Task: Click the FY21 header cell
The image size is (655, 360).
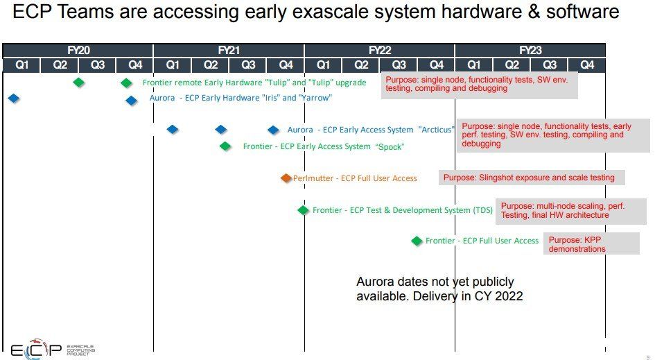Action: tap(229, 50)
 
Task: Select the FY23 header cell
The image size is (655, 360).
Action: tap(530, 50)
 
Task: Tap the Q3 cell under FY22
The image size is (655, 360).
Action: tap(399, 65)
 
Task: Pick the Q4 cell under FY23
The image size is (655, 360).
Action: tap(587, 65)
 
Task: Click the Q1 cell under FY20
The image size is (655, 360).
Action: tap(21, 65)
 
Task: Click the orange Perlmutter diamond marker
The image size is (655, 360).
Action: tap(286, 178)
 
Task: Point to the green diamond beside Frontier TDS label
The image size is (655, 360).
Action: tap(304, 210)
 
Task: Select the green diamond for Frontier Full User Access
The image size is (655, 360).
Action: tap(417, 241)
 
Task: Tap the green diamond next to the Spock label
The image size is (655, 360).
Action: tap(225, 146)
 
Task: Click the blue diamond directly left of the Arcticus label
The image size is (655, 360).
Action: tap(273, 130)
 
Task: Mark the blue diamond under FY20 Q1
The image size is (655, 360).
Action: tap(14, 98)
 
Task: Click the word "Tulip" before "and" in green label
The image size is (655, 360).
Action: tap(278, 83)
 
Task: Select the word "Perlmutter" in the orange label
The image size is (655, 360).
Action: tap(313, 178)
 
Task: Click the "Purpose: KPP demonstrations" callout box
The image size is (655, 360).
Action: tap(591, 243)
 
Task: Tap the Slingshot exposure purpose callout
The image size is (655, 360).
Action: tap(532, 178)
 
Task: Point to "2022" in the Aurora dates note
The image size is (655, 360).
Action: tap(509, 296)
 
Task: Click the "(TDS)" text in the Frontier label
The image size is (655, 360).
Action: tap(483, 210)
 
